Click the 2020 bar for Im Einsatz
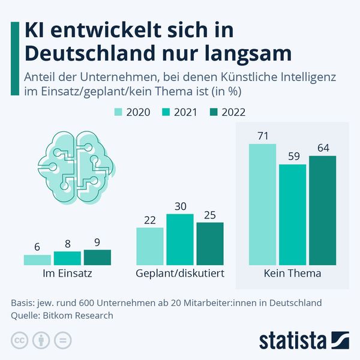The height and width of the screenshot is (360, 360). coord(37,260)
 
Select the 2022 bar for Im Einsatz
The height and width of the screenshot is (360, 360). coord(97,257)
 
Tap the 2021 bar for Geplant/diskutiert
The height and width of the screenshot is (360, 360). coord(179,239)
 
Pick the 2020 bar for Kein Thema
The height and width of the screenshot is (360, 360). coord(262,205)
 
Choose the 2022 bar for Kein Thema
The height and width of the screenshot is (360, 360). coord(322,211)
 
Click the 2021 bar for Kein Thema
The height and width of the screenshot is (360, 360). coord(292,214)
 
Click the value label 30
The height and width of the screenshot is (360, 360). coord(179,206)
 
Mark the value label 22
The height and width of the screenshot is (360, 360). coord(149,220)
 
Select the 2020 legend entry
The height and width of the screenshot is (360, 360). coord(130,112)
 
